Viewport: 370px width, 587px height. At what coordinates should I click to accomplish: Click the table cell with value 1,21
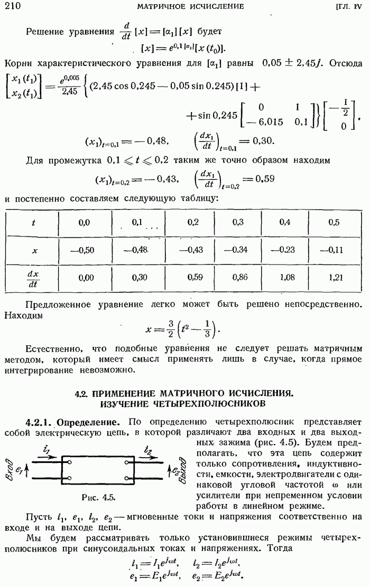click(334, 276)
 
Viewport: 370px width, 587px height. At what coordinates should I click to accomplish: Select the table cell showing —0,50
click(85, 249)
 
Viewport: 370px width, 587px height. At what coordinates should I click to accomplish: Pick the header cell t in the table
click(34, 223)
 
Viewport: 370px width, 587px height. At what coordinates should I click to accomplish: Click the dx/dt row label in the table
click(34, 276)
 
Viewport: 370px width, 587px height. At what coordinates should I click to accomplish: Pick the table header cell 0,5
click(334, 223)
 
